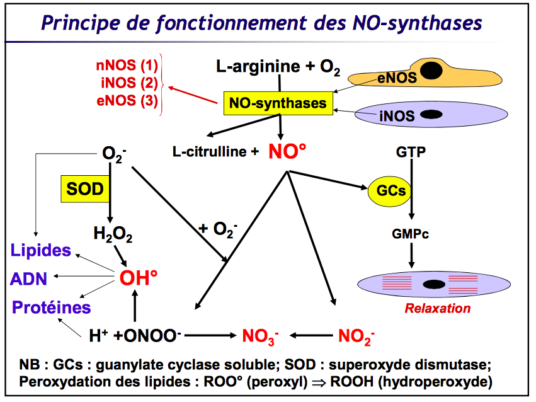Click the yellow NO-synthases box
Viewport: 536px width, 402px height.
coord(278,103)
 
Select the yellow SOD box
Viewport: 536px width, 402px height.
coord(82,188)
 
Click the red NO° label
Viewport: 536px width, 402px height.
coord(287,152)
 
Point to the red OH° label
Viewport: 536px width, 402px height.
coord(138,279)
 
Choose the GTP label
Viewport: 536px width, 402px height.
coord(411,152)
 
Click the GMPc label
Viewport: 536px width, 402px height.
coord(411,234)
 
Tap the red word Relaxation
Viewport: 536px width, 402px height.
coord(437,309)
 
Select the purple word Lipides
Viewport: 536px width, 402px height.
coord(41,250)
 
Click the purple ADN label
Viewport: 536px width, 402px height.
coord(29,279)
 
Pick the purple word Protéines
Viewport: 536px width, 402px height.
coord(51,307)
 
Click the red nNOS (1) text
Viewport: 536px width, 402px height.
coord(127,66)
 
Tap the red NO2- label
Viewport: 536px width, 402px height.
coord(356,336)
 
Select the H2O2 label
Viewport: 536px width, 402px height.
coord(113,234)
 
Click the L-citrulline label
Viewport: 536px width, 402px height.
coord(214,152)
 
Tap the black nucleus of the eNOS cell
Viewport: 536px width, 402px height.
coord(431,71)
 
